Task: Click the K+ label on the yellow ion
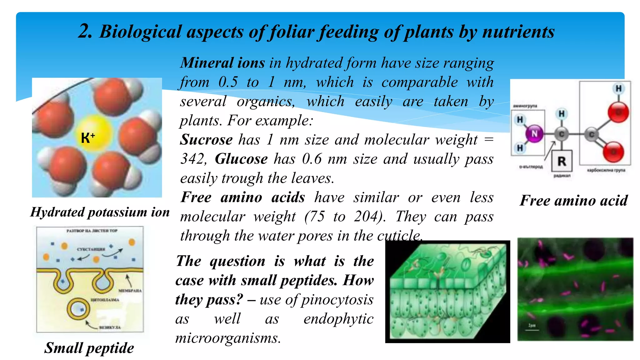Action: (88, 137)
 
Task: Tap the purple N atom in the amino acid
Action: (534, 134)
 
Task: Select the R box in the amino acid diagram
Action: (562, 161)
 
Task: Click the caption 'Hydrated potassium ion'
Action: (100, 212)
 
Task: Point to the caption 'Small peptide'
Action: (89, 348)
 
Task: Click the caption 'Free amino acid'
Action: (574, 200)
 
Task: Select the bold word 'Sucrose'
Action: (207, 139)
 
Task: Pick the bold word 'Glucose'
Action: (241, 159)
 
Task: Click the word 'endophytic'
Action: (338, 319)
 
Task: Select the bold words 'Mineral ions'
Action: (222, 63)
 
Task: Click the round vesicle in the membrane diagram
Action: (78, 309)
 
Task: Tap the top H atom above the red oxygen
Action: (618, 89)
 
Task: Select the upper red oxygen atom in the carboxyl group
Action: (618, 112)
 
